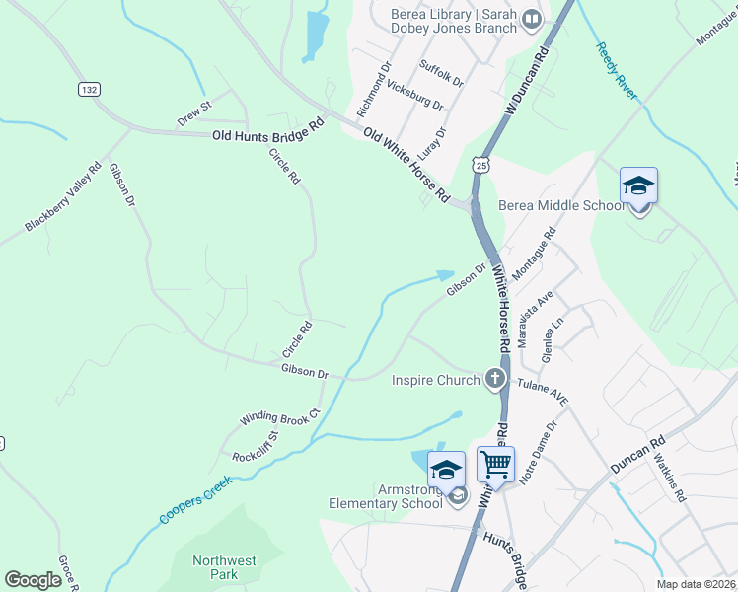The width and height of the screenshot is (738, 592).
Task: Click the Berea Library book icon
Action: tap(533, 18)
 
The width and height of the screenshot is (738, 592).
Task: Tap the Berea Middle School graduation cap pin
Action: tap(638, 186)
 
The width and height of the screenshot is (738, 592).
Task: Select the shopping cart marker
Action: tap(495, 464)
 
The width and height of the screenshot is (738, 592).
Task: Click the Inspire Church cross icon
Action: tap(494, 380)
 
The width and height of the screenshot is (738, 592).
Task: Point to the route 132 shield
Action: tap(89, 89)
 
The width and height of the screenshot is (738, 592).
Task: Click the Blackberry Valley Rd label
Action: tap(63, 197)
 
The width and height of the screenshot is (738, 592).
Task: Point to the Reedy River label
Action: tap(617, 70)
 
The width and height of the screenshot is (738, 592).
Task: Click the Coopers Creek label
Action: tap(194, 500)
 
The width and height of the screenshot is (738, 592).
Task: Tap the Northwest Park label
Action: tap(224, 567)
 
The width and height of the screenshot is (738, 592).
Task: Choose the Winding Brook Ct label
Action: tap(279, 416)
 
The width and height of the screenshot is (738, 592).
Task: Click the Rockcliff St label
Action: tap(256, 446)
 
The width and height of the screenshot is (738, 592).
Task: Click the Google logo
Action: tap(33, 580)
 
